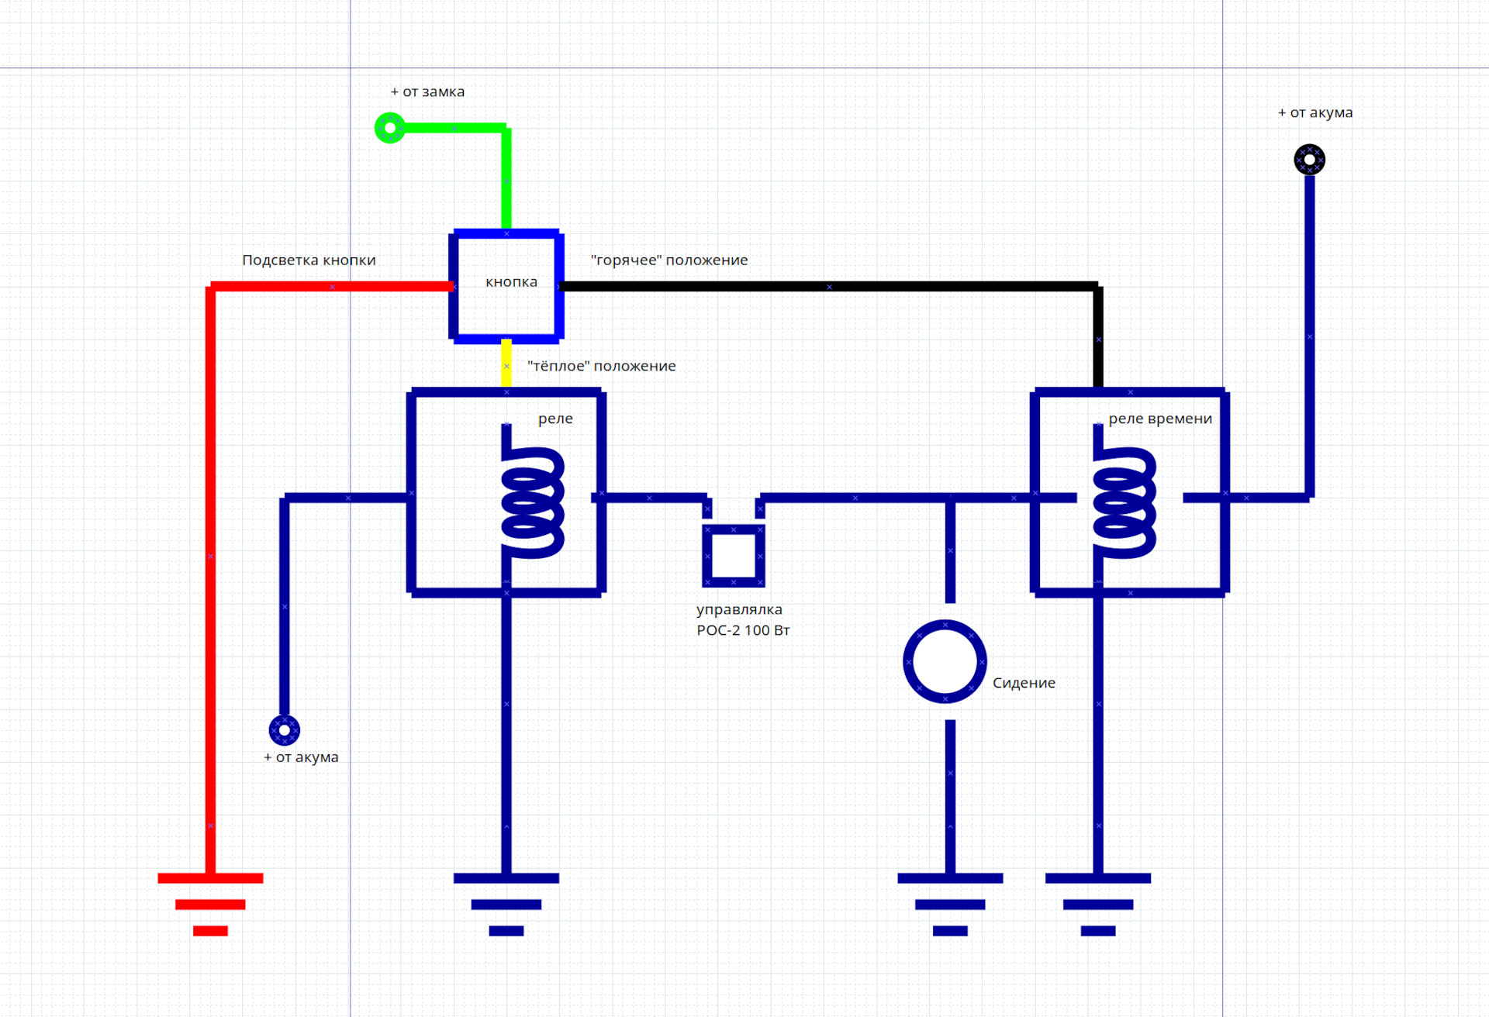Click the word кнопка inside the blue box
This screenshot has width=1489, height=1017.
click(x=511, y=282)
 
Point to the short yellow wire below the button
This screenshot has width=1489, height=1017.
click(x=506, y=363)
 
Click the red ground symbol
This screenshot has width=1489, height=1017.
click(x=210, y=904)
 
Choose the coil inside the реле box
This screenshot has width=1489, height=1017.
click(x=531, y=491)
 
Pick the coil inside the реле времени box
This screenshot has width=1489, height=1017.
click(x=1123, y=491)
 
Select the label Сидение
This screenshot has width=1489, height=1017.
click(x=1024, y=683)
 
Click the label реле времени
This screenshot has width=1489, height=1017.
click(x=1160, y=419)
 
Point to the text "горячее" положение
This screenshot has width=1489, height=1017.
click(x=669, y=260)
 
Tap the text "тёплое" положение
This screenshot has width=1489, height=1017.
click(x=602, y=366)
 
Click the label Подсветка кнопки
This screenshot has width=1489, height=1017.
click(x=309, y=260)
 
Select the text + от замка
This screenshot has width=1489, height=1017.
click(x=427, y=91)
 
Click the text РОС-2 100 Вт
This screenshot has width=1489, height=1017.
click(x=743, y=630)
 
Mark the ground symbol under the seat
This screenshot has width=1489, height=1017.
click(x=950, y=904)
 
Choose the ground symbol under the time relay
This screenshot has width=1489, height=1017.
click(x=1098, y=904)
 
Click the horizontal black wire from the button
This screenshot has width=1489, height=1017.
click(x=828, y=287)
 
